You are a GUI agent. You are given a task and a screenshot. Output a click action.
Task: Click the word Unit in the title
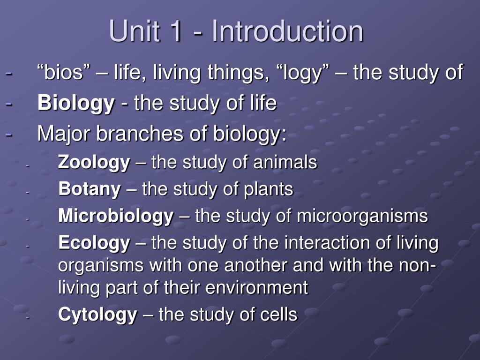pos(134,31)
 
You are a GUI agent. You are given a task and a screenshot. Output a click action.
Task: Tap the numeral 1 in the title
pos(176,31)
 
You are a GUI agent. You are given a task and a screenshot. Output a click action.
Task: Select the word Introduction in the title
pos(287,31)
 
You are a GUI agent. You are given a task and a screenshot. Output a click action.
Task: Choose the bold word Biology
pos(76,104)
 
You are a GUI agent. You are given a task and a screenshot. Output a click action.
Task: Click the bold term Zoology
pos(94,163)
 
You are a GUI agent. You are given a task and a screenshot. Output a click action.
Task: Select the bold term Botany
pos(90,189)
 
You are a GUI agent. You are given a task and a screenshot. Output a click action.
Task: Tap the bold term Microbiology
pos(116,217)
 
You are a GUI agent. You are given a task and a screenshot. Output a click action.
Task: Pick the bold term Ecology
pos(94,243)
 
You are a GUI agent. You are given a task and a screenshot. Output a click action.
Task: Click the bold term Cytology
pos(97,315)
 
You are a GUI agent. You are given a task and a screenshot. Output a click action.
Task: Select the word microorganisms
pos(362,217)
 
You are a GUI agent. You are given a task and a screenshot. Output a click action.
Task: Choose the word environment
pos(256,288)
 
